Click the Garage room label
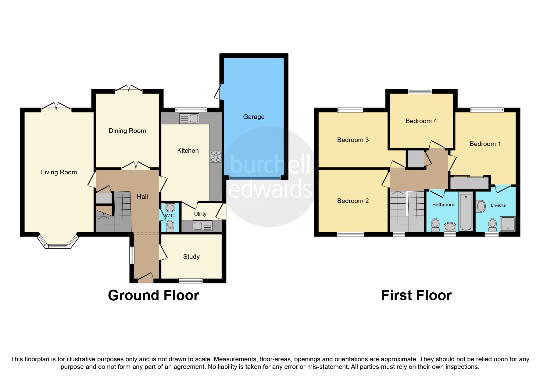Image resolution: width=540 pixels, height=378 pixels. (254, 117)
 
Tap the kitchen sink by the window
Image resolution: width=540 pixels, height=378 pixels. (189, 118)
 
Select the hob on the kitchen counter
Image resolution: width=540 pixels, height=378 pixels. (216, 156)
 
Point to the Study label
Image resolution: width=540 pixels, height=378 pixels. (191, 257)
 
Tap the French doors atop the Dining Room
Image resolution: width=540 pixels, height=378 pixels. (129, 89)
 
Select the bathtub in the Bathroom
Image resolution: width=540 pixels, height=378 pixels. (466, 211)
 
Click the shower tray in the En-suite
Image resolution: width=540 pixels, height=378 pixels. (508, 224)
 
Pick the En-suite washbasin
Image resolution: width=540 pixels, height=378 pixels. (481, 206)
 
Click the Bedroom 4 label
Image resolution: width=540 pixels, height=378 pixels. (421, 121)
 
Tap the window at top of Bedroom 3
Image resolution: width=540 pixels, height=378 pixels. (350, 110)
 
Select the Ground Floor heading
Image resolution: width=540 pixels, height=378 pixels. (153, 295)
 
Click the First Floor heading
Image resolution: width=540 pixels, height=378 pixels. (416, 295)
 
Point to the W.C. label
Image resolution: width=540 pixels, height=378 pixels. (170, 216)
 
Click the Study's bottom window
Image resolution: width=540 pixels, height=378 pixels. (191, 281)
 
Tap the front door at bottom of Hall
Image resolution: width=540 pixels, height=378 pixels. (145, 278)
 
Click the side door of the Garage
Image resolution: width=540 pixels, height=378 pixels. (218, 92)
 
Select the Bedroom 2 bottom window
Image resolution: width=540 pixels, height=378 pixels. (350, 234)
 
